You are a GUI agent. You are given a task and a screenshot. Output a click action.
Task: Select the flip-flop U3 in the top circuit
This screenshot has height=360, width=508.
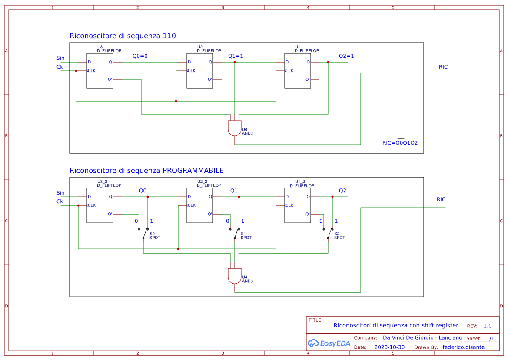click(100, 71)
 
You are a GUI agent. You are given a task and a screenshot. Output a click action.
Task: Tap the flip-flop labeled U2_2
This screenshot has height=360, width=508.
click(199, 205)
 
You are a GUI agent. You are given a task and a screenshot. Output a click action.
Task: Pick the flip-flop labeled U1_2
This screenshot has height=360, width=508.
click(297, 205)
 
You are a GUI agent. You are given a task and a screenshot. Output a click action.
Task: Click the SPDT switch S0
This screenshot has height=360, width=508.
click(146, 233)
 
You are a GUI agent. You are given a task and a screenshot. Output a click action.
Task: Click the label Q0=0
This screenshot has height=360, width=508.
click(140, 56)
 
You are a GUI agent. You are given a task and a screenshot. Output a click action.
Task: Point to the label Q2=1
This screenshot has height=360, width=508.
click(346, 56)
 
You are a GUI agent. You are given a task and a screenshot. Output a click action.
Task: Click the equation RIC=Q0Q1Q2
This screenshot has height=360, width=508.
click(400, 142)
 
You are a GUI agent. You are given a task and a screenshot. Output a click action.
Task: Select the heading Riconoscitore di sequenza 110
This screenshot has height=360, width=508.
click(123, 36)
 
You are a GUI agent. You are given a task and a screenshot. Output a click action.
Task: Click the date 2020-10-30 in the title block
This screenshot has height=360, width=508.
click(389, 347)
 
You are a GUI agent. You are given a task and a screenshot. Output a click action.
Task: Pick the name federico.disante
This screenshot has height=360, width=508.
click(463, 347)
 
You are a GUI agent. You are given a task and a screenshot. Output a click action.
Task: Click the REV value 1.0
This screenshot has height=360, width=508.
click(488, 326)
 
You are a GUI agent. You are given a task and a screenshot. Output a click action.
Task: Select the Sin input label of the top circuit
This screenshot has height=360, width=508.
click(60, 58)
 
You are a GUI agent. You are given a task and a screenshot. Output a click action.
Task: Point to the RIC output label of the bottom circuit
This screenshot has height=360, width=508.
click(441, 199)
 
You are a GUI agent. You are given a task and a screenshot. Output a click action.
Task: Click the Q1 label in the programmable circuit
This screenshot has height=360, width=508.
click(234, 191)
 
